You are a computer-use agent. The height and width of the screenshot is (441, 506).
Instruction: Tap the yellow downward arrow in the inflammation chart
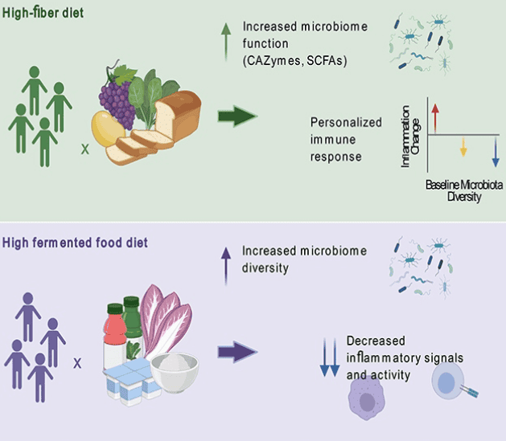pos(463,145)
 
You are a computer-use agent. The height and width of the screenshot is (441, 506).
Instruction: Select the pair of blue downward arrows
pos(329,357)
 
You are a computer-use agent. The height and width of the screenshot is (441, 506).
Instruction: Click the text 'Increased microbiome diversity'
pos(303,259)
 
